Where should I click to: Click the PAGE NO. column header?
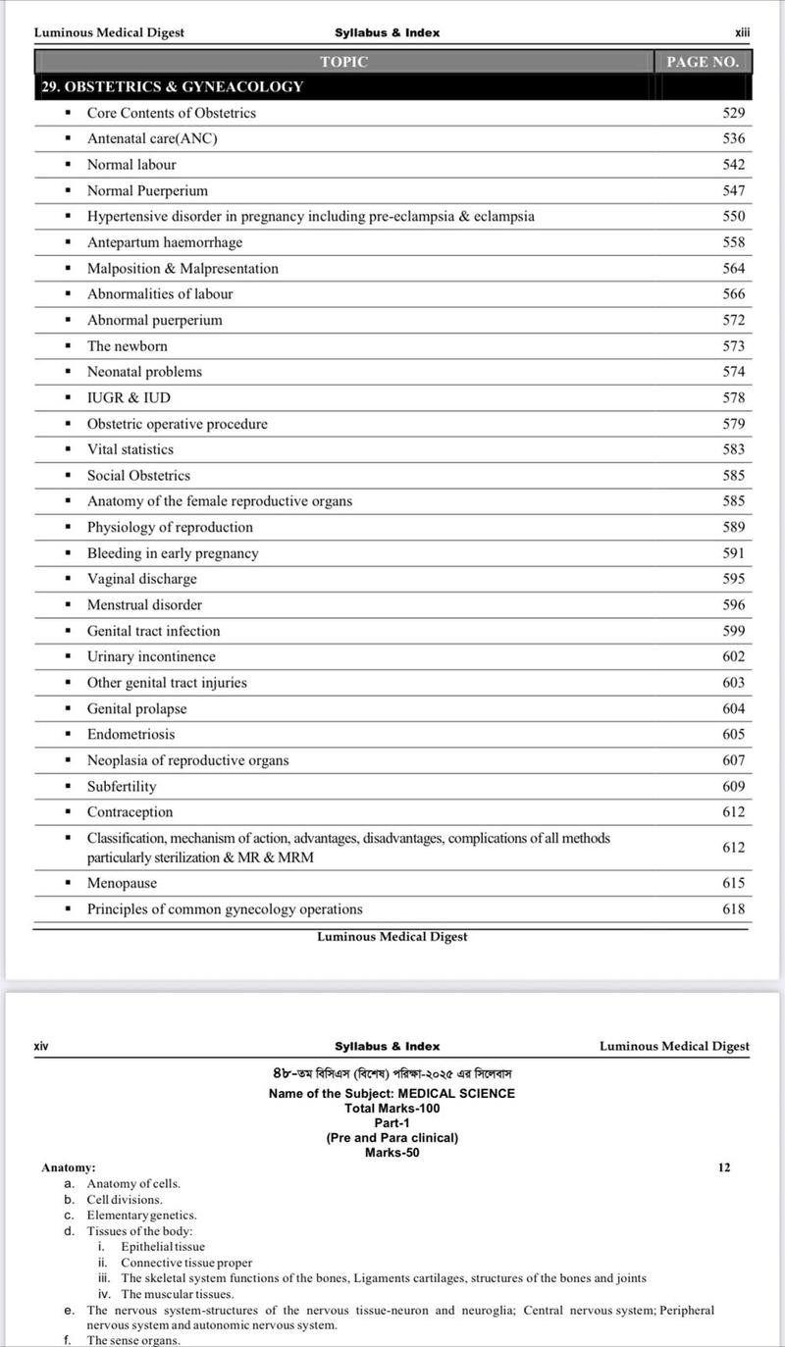click(702, 62)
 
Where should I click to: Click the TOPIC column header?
click(343, 62)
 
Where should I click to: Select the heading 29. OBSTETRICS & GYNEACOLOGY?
click(172, 86)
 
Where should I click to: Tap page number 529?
click(733, 113)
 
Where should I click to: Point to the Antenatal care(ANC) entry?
click(152, 138)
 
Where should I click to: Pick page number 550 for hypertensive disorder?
click(733, 216)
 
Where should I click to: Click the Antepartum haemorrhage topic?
click(164, 242)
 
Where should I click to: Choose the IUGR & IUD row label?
click(129, 397)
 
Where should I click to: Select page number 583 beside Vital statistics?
click(733, 449)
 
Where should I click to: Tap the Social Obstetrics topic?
click(138, 475)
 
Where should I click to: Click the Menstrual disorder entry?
click(144, 604)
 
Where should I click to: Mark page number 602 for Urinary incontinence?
click(733, 656)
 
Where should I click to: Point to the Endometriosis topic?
click(131, 734)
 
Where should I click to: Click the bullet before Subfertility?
click(68, 786)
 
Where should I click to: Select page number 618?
click(733, 908)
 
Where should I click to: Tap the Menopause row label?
click(123, 883)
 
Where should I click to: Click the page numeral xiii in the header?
click(742, 32)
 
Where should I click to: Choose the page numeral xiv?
click(41, 1046)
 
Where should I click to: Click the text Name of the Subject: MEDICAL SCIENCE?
click(392, 1093)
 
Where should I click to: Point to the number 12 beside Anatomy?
click(724, 1167)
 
